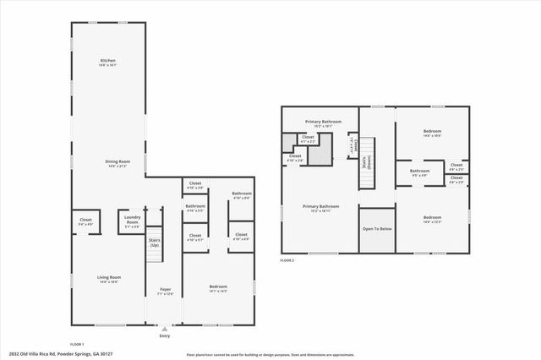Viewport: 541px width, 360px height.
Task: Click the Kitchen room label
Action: click(108, 62)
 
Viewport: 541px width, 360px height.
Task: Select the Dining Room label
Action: click(108, 162)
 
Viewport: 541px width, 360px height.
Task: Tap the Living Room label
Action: click(110, 279)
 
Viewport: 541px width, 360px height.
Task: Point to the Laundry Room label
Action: click(133, 219)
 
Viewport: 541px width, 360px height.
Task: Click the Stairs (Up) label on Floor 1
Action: click(155, 243)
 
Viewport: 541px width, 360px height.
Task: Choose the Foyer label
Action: click(166, 291)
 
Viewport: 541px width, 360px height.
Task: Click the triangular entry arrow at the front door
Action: click(165, 330)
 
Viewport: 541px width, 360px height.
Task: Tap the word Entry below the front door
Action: click(165, 336)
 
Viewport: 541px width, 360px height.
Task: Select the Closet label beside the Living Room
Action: click(85, 221)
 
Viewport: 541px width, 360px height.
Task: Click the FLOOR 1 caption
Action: click(77, 345)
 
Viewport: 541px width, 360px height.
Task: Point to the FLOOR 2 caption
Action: click(287, 260)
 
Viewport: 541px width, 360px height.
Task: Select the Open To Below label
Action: click(376, 228)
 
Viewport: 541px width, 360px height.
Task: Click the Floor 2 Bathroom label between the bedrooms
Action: click(420, 172)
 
